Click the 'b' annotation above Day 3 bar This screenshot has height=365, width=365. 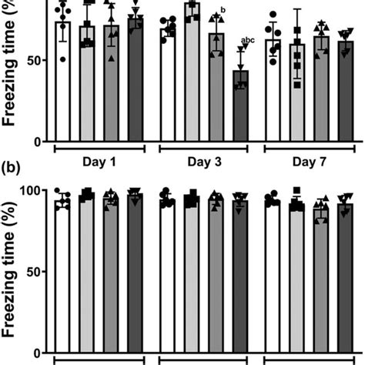point(223,10)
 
